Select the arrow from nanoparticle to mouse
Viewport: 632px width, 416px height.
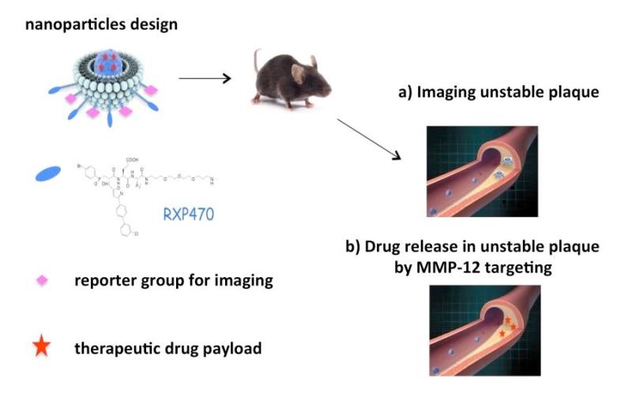(x=203, y=77)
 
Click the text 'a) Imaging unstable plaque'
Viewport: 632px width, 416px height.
(x=498, y=93)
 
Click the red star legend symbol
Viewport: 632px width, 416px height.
(x=43, y=347)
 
